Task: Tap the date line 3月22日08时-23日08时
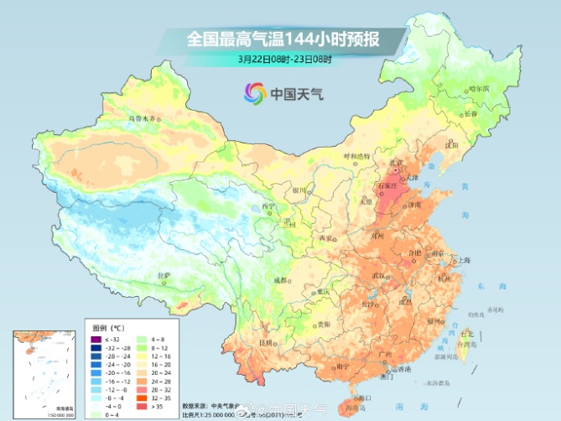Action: (x=284, y=60)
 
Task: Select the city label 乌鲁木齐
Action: (x=141, y=119)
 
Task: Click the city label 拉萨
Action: (x=164, y=274)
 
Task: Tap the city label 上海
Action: (x=460, y=261)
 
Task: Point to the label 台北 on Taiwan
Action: (x=466, y=333)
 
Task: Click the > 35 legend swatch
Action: (x=138, y=405)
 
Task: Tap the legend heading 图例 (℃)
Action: (x=106, y=329)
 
